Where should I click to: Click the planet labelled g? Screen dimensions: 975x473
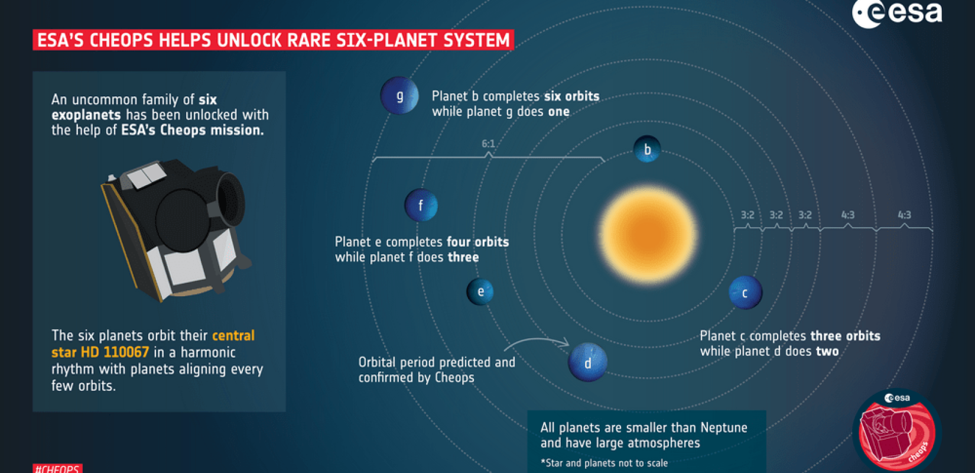coord(399,95)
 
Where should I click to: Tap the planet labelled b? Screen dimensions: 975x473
coord(647,149)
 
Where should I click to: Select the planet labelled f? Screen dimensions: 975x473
coord(421,205)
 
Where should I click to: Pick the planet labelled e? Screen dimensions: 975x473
coord(480,291)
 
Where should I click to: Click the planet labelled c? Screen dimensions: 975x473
coord(745,292)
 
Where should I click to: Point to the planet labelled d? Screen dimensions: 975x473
coord(587,362)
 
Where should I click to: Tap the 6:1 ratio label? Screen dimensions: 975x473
coord(488,144)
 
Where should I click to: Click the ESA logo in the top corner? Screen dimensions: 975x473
coord(896,13)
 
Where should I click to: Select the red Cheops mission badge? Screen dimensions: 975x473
coord(897,430)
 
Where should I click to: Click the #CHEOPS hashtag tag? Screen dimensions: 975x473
coord(57,469)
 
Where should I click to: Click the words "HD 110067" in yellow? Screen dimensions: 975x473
coord(100,352)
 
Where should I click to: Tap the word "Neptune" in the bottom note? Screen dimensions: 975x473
coord(724,427)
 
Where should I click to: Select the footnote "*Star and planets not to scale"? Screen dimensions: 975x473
coord(604,462)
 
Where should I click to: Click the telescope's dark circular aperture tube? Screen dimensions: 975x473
coord(229,197)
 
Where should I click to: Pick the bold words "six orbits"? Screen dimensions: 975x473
coord(571,96)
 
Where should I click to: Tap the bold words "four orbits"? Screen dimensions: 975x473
coord(477,242)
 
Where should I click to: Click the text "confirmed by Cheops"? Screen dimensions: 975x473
coord(416,378)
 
